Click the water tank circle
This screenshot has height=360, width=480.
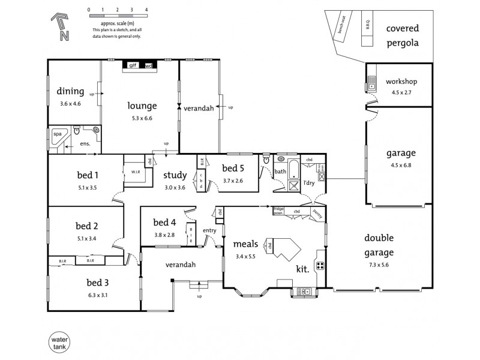[58, 343]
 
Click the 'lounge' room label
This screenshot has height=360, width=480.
[142, 106]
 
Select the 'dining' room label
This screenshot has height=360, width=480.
[70, 92]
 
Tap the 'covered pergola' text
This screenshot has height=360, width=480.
[402, 35]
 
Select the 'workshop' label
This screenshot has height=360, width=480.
[401, 82]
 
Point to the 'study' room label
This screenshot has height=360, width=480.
[175, 176]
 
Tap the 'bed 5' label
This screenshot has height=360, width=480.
[233, 168]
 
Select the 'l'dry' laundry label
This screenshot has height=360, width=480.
[309, 182]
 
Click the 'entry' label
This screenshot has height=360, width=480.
[209, 230]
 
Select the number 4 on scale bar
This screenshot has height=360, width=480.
[146, 11]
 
